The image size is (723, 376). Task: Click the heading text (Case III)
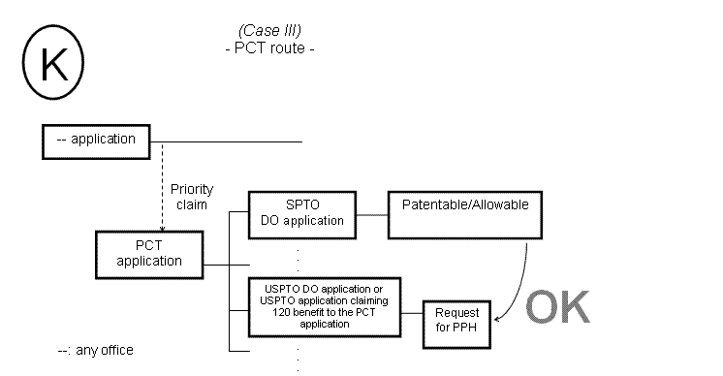(268, 29)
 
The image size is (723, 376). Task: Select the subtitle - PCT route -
(268, 46)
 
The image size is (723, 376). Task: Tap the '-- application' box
(96, 141)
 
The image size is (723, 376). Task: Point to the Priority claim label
(191, 196)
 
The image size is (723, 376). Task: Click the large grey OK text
(557, 307)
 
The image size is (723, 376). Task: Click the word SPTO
(302, 205)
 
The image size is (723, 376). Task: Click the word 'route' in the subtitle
(286, 46)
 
